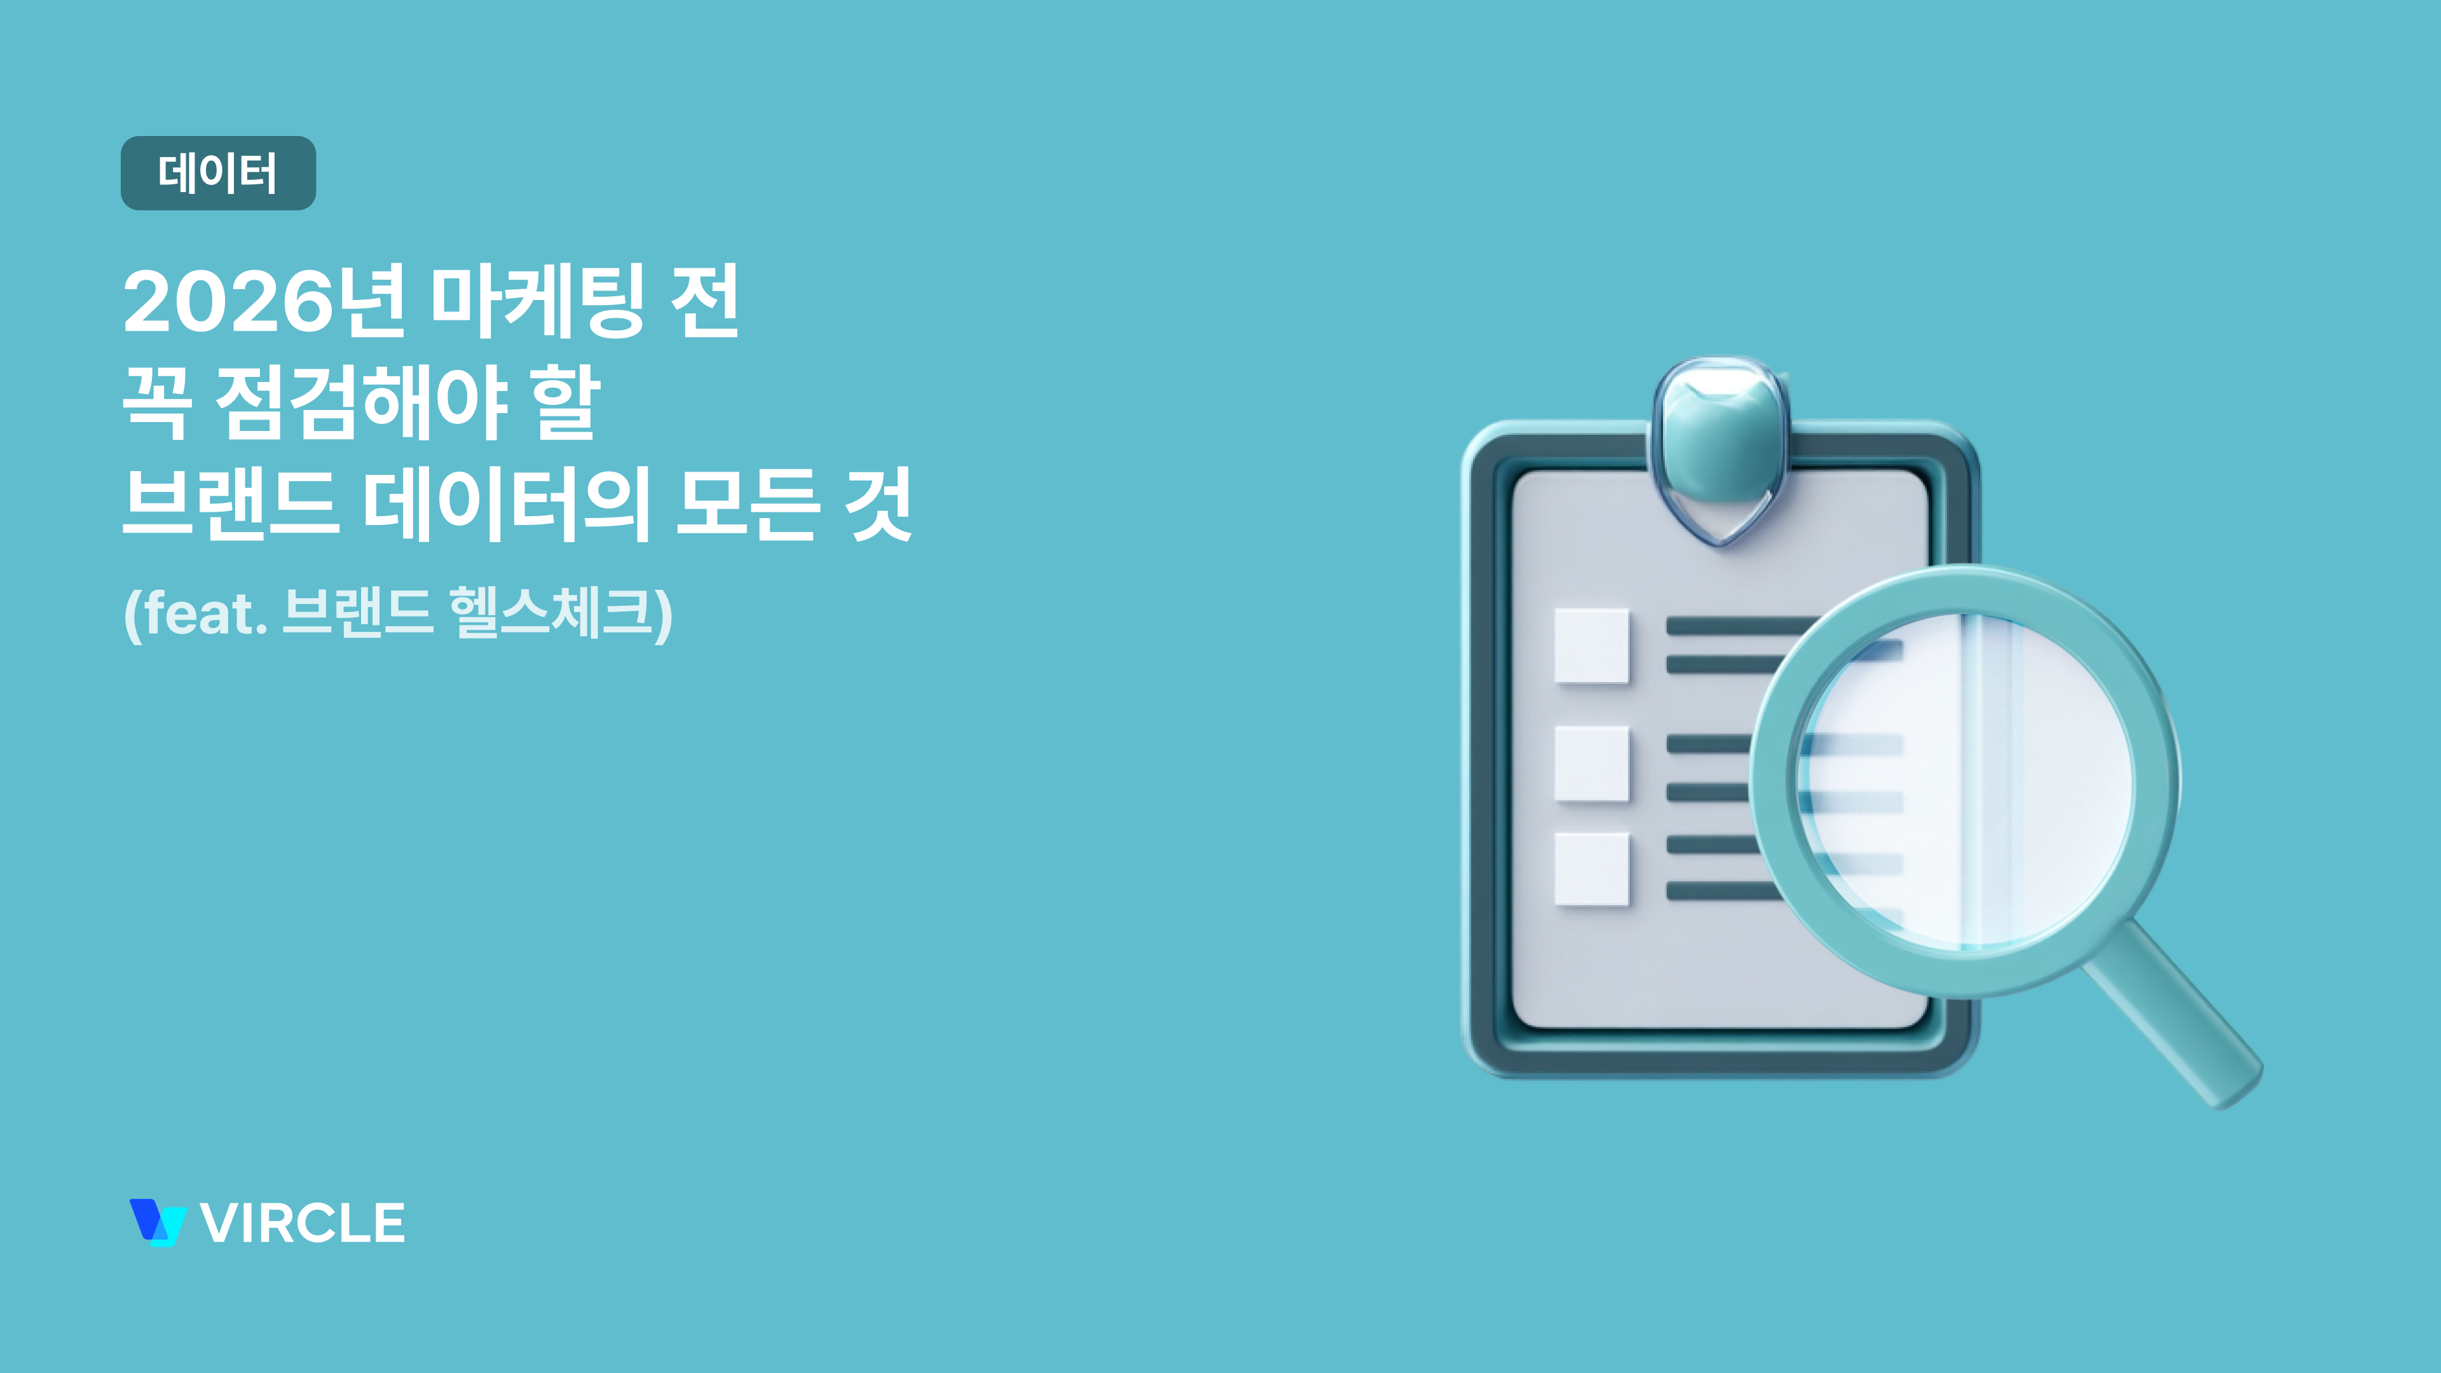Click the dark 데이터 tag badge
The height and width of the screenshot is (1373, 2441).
218,174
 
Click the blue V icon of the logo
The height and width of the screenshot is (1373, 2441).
157,1222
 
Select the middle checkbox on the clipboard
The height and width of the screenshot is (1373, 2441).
1592,763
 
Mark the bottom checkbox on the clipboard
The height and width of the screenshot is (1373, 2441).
1592,870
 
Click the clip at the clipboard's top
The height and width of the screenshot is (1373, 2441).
1720,446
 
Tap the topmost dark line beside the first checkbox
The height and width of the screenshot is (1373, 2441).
1739,625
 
